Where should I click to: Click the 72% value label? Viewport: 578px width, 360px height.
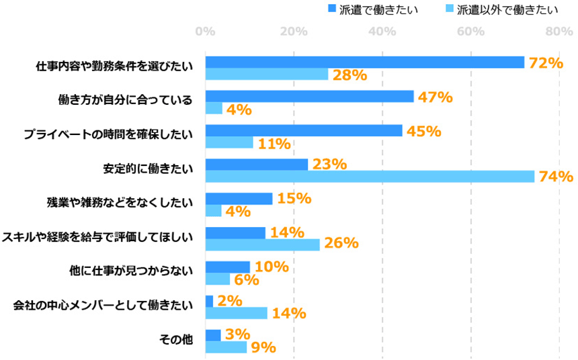[x=545, y=62]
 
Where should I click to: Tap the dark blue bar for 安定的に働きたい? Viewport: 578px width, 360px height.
[x=256, y=165]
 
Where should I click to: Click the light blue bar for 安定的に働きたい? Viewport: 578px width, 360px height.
[x=370, y=177]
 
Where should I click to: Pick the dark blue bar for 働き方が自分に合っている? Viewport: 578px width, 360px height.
[x=309, y=96]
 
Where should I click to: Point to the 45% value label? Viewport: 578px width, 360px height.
[x=423, y=131]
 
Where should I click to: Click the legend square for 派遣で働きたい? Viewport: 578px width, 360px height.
[x=331, y=9]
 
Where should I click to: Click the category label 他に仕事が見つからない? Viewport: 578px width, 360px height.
[x=131, y=271]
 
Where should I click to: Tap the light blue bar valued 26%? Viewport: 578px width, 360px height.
[x=262, y=245]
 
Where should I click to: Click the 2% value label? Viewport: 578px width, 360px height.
[x=229, y=301]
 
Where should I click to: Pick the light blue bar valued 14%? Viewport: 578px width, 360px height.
[x=236, y=313]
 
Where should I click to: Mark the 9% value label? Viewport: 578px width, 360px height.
[x=262, y=347]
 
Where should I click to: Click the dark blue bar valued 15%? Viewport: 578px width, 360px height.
[x=239, y=199]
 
